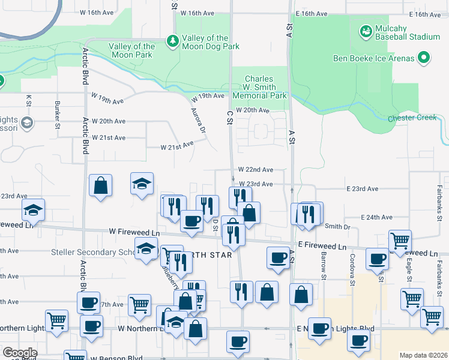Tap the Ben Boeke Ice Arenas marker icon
pyautogui.click(x=424, y=58)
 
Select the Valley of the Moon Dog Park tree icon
pyautogui.click(x=173, y=41)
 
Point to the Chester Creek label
pyautogui.click(x=412, y=118)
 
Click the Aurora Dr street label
pyautogui.click(x=198, y=121)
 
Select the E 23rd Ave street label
pyautogui.click(x=363, y=189)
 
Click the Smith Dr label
pyautogui.click(x=337, y=227)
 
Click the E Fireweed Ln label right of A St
pyautogui.click(x=322, y=247)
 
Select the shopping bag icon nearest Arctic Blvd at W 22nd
pyautogui.click(x=101, y=185)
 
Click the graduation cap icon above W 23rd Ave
pyautogui.click(x=142, y=183)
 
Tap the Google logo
pyautogui.click(x=20, y=353)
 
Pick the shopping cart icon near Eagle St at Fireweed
pyautogui.click(x=400, y=241)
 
